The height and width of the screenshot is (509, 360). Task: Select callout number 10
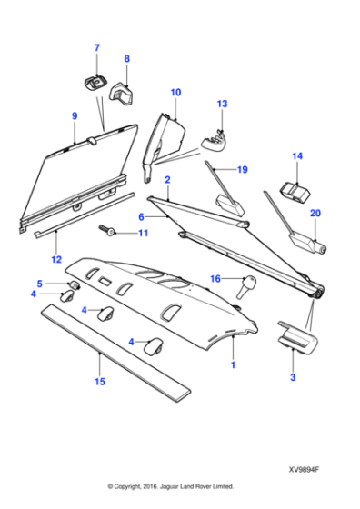(175, 92)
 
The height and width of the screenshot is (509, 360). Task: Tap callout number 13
(220, 105)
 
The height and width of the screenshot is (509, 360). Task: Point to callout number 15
(99, 384)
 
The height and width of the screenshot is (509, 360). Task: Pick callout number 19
(241, 170)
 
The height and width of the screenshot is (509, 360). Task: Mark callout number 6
(141, 217)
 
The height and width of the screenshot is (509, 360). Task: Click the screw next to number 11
(109, 233)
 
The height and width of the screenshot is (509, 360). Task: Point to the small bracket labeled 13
(215, 137)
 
